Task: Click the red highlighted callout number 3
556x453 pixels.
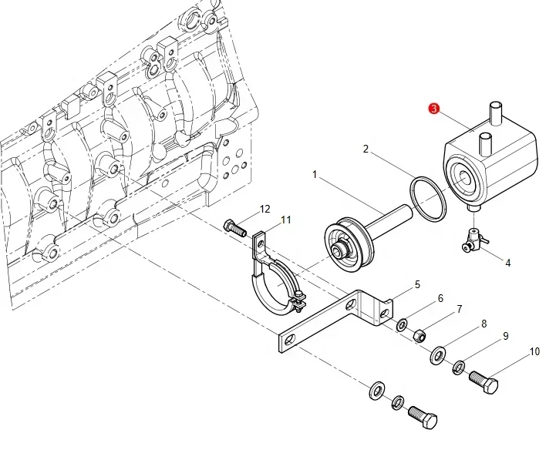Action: (x=433, y=111)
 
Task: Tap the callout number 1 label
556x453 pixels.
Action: (x=315, y=176)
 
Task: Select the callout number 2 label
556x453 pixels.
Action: (x=366, y=149)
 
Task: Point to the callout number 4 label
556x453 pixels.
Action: (x=507, y=263)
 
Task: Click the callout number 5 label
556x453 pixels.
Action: (x=417, y=284)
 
